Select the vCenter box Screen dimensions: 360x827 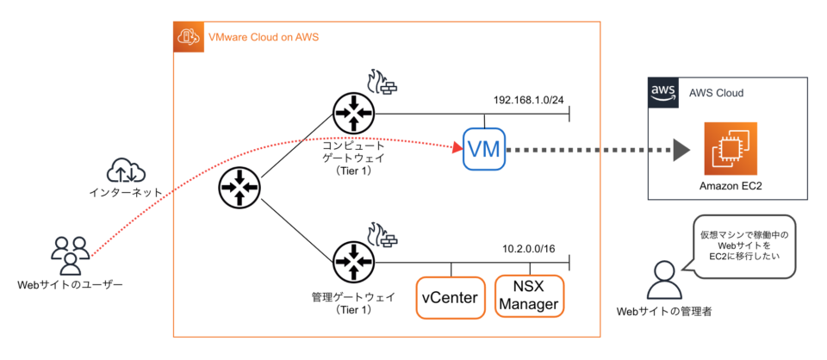pos(450,297)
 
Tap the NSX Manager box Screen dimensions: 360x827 pos(529,295)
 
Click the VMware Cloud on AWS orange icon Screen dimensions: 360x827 pos(188,37)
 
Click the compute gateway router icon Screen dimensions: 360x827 pos(353,112)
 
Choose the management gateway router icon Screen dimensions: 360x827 pos(353,261)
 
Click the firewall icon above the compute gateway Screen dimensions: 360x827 pos(382,83)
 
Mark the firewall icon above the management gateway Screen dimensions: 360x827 pos(382,234)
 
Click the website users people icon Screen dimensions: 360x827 pos(69,254)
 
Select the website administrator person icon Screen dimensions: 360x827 pos(664,281)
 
